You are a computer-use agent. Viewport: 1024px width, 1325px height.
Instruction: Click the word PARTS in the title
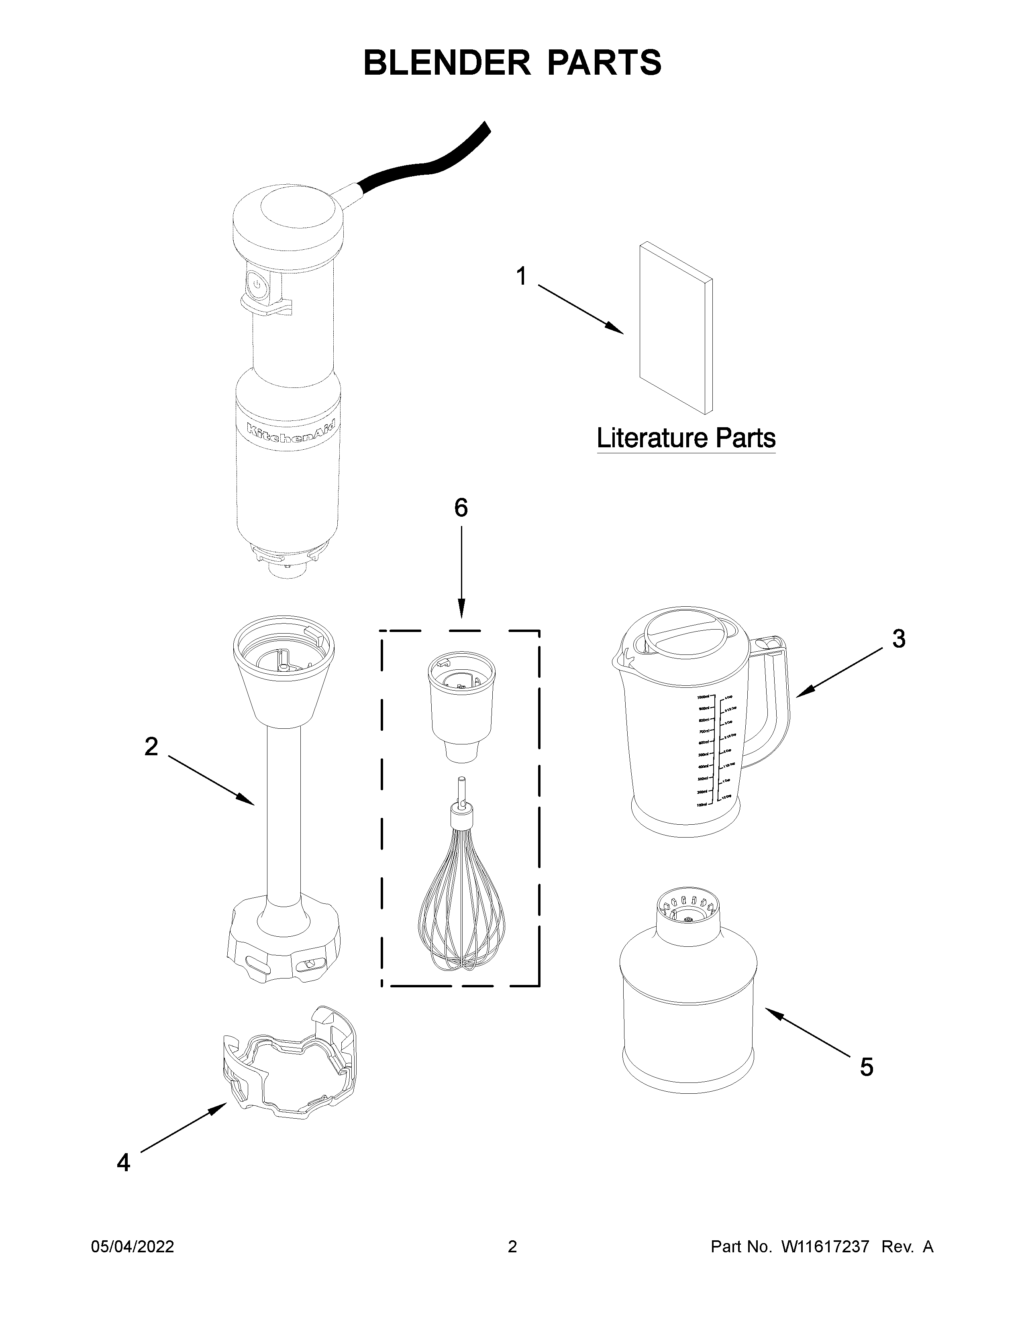[x=604, y=63]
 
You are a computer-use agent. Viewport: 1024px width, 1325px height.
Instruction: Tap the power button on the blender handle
[x=257, y=285]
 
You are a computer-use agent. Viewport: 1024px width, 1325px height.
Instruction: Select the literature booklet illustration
[x=675, y=328]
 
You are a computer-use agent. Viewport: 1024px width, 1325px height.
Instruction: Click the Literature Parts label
[x=685, y=438]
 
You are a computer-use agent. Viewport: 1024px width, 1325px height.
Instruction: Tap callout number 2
[x=151, y=747]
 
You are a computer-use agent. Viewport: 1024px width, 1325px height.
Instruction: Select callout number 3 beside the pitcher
[x=898, y=639]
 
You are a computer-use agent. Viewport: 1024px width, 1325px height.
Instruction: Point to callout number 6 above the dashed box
[x=461, y=508]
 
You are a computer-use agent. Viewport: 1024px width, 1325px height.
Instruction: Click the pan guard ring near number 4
[x=290, y=1062]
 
